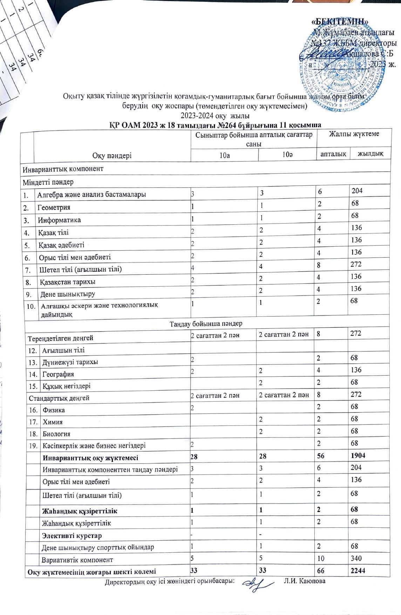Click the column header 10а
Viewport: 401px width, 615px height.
pos(224,155)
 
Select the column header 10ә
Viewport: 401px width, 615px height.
pos(288,155)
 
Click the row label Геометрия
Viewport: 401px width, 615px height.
pos(54,207)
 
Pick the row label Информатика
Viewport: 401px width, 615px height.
pos(59,220)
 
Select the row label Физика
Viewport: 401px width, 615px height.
pos(54,410)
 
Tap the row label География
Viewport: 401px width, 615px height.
pos(58,374)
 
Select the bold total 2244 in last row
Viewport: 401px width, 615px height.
pos(358,570)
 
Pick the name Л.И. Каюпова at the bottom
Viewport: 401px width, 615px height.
pos(305,581)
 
